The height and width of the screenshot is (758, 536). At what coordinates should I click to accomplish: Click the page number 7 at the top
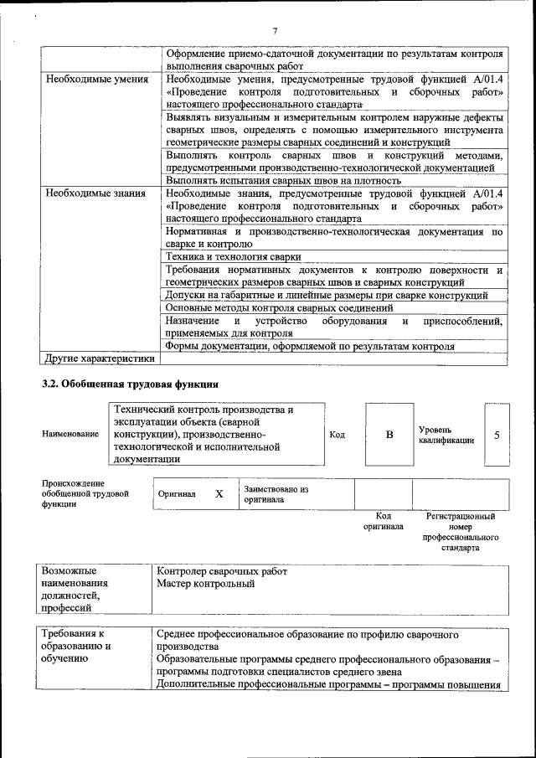pyautogui.click(x=274, y=32)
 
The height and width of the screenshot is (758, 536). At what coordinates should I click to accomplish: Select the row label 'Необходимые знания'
pyautogui.click(x=92, y=193)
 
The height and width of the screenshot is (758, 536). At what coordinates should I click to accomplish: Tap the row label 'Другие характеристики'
pyautogui.click(x=100, y=359)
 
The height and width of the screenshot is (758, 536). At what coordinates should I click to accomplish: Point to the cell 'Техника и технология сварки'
pyautogui.click(x=233, y=257)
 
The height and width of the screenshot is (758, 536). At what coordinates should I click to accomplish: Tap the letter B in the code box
pyautogui.click(x=389, y=435)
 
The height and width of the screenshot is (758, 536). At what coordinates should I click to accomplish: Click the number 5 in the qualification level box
pyautogui.click(x=497, y=435)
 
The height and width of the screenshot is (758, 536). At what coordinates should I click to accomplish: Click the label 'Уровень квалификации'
pyautogui.click(x=446, y=435)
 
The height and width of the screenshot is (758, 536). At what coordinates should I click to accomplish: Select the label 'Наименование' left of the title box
pyautogui.click(x=70, y=435)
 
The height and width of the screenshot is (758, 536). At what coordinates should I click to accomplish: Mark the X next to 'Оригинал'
pyautogui.click(x=219, y=494)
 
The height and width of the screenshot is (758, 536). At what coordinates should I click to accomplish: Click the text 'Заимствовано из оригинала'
pyautogui.click(x=276, y=494)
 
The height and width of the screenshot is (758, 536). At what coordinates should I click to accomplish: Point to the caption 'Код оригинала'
pyautogui.click(x=383, y=522)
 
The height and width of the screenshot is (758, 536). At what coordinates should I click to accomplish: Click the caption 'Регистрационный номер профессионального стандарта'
pyautogui.click(x=466, y=533)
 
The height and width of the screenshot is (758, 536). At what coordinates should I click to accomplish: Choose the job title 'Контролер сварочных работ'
pyautogui.click(x=221, y=571)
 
